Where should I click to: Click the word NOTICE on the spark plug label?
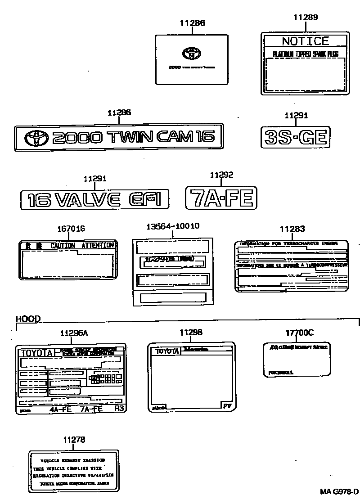pyautogui.click(x=305, y=41)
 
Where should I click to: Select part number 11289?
pyautogui.click(x=306, y=18)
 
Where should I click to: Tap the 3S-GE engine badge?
pyautogui.click(x=296, y=136)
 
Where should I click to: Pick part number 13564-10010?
pyautogui.click(x=172, y=226)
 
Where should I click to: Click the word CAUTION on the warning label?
pyautogui.click(x=63, y=245)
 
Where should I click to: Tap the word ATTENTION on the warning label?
pyautogui.click(x=98, y=245)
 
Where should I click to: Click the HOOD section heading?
pyautogui.click(x=28, y=319)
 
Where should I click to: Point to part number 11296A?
pyautogui.click(x=74, y=333)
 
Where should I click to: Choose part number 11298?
pyautogui.click(x=191, y=333)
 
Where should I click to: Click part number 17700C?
pyautogui.click(x=299, y=333)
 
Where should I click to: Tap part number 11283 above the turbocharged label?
pyautogui.click(x=292, y=229)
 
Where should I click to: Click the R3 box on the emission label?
pyautogui.click(x=119, y=409)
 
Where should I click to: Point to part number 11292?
pyautogui.click(x=222, y=175)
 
